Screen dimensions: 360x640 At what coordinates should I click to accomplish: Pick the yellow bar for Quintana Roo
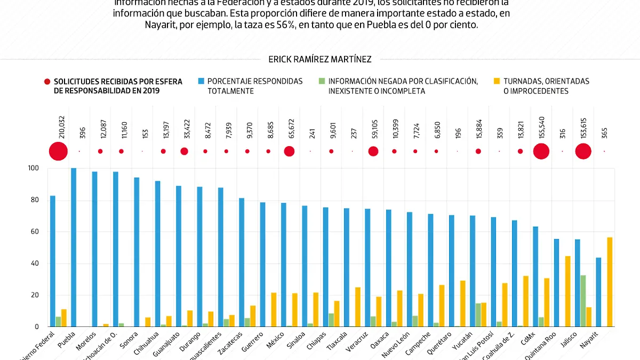pyautogui.click(x=568, y=291)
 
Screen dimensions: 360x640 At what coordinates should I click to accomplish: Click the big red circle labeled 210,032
pyautogui.click(x=58, y=151)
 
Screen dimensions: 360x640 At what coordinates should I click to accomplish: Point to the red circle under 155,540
pyautogui.click(x=541, y=151)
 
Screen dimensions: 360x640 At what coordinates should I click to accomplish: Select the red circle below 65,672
pyautogui.click(x=289, y=151)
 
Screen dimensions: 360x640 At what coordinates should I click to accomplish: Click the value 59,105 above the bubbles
pyautogui.click(x=373, y=129)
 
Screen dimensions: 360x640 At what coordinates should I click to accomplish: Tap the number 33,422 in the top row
pyautogui.click(x=184, y=129)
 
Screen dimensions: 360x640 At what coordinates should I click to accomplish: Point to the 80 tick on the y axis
pyautogui.click(x=34, y=200)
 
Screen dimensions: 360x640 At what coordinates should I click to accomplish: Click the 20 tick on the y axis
pyautogui.click(x=34, y=295)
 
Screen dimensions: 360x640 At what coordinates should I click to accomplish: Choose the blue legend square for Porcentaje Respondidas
pyautogui.click(x=201, y=82)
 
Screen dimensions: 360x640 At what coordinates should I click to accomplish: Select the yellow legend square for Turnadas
pyautogui.click(x=497, y=82)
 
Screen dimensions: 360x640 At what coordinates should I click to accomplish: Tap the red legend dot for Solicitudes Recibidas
pyautogui.click(x=47, y=82)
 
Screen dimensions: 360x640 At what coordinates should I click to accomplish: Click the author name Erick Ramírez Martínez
pyautogui.click(x=320, y=59)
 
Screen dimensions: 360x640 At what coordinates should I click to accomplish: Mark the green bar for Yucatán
pyautogui.click(x=478, y=315)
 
